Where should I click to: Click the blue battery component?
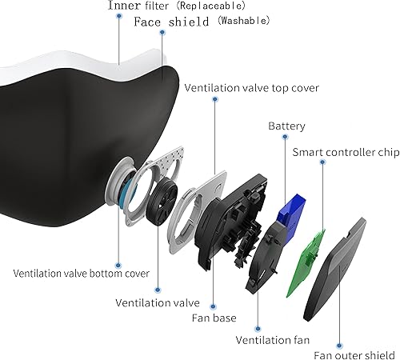(290, 206)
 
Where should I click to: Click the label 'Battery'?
(286, 126)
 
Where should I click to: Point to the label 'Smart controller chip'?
(345, 152)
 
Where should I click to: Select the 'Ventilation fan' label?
(273, 339)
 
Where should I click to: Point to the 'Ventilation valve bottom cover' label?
(81, 273)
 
